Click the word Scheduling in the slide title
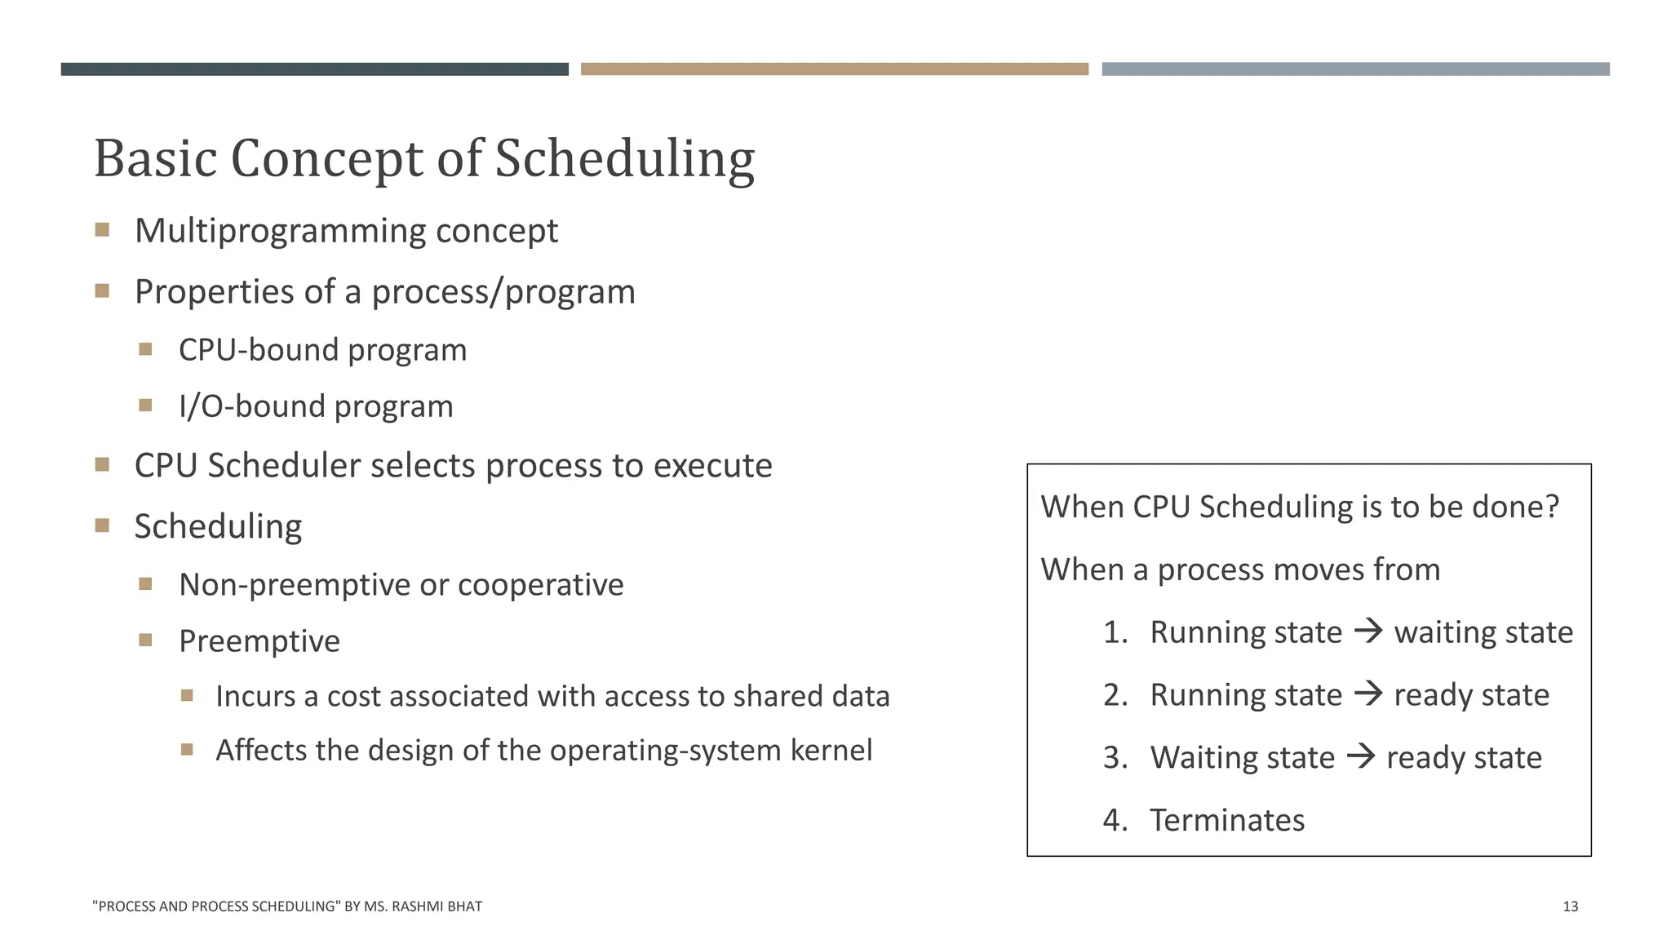point(624,158)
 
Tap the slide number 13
point(1570,906)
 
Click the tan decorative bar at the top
point(834,69)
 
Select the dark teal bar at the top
point(314,69)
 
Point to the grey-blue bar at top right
point(1355,69)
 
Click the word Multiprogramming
point(280,231)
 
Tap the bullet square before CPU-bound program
point(145,349)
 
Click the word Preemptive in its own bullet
point(259,641)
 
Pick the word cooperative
point(540,585)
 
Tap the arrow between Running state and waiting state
point(1368,631)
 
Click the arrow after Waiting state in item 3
point(1361,756)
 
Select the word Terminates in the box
point(1226,820)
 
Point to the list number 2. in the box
point(1115,695)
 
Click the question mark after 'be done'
point(1551,507)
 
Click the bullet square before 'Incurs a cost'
point(187,696)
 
